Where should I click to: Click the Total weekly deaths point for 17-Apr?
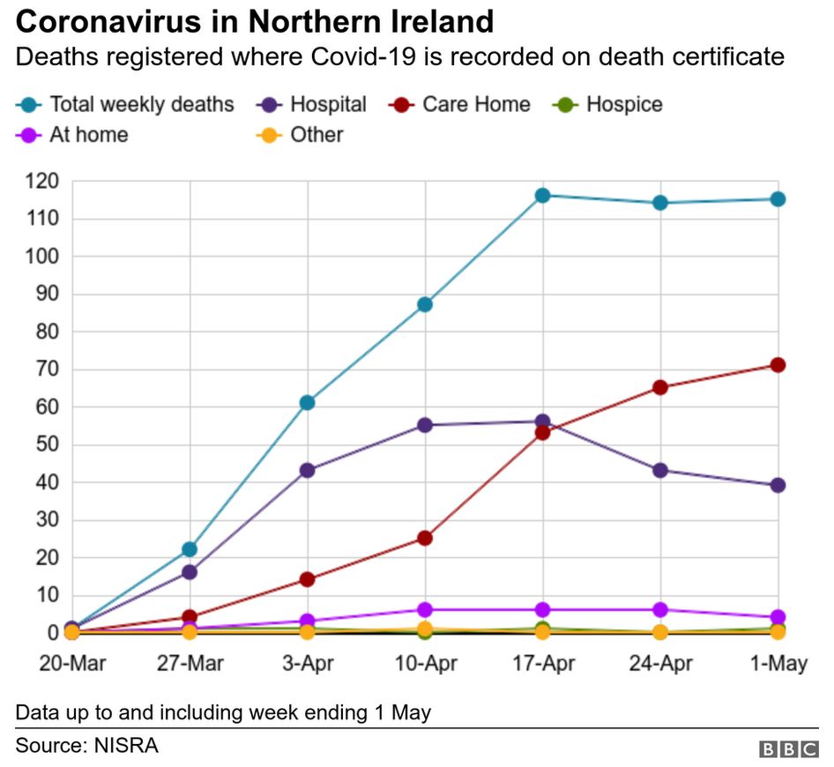click(542, 195)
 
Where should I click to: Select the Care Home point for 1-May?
click(778, 365)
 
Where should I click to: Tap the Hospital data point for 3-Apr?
click(307, 470)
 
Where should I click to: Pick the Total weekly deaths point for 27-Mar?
click(190, 549)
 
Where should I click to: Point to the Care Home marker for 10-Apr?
click(425, 538)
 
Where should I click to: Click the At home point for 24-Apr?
click(660, 609)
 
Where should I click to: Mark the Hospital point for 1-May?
click(778, 485)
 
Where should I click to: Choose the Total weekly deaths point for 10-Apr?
click(425, 304)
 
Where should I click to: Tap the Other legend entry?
click(304, 135)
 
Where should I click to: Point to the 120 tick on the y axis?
click(41, 182)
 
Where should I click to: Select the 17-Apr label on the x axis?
click(542, 664)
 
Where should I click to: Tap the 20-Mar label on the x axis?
click(72, 664)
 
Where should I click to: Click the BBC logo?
click(788, 748)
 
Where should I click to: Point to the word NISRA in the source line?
click(128, 745)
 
